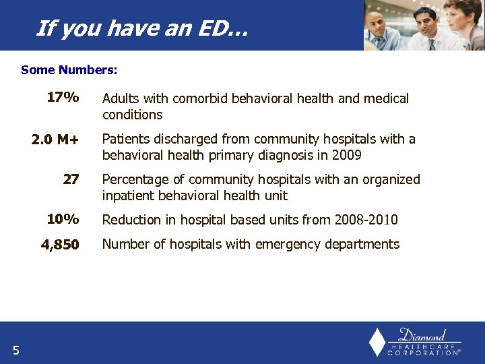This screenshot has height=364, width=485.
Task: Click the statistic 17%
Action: [63, 98]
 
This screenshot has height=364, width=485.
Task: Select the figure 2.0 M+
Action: [55, 140]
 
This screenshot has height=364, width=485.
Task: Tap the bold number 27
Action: [71, 179]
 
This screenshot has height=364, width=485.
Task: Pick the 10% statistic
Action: [63, 220]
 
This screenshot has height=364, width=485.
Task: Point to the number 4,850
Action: [60, 245]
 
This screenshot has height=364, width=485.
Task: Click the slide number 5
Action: [15, 349]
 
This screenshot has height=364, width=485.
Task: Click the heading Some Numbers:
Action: [69, 69]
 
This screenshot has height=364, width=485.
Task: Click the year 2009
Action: [347, 155]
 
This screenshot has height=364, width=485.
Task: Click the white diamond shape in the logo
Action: [377, 342]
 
